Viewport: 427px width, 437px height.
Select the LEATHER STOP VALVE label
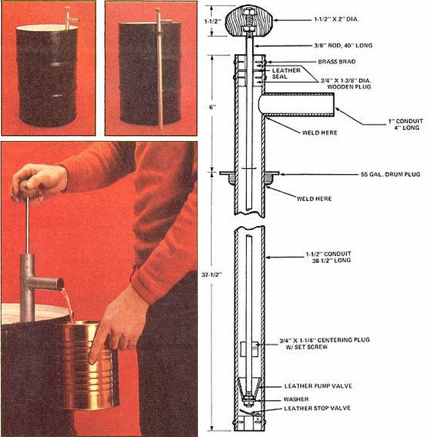(317, 408)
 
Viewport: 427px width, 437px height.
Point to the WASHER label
(296, 398)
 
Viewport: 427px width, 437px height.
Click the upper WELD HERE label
(319, 132)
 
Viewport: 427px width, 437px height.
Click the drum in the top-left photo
(46, 76)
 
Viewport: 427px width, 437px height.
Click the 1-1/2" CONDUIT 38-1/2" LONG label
(324, 256)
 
